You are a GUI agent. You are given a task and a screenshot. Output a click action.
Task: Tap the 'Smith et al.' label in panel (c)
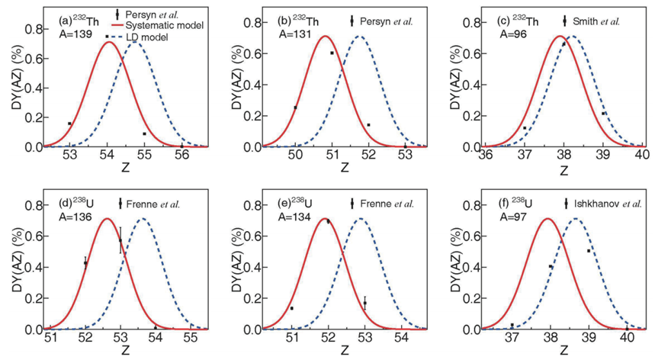pos(599,21)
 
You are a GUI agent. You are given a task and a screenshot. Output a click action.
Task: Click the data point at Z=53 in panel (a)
pos(69,124)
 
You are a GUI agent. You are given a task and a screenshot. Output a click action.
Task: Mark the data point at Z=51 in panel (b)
pos(332,53)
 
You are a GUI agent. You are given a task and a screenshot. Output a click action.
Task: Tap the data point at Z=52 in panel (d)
pos(85,262)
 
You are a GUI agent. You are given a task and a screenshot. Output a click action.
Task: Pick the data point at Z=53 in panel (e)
pos(365,304)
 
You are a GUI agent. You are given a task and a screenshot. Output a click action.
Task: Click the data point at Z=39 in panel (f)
pos(589,251)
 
